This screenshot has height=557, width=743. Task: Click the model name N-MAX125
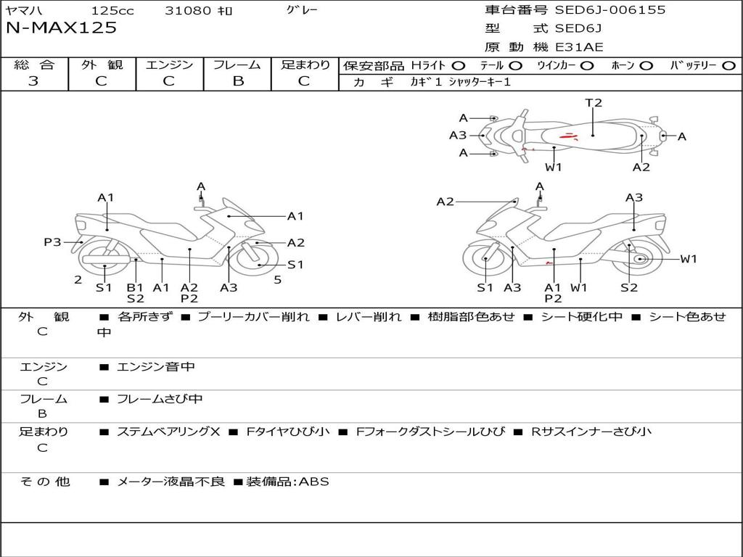point(61,28)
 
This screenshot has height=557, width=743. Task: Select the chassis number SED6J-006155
point(610,9)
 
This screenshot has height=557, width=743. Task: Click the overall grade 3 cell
point(33,81)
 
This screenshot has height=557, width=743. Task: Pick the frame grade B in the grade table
point(238,81)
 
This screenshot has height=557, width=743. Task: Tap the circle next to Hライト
point(459,66)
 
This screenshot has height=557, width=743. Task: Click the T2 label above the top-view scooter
point(594,102)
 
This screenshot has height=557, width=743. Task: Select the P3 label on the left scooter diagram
point(52,242)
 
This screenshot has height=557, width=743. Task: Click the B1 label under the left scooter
point(135,287)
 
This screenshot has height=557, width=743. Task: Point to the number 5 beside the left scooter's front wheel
point(278,280)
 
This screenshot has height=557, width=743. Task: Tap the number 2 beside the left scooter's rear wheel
point(78,280)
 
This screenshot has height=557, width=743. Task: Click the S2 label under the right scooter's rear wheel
point(629,287)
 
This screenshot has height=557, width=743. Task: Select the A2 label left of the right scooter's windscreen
point(445,202)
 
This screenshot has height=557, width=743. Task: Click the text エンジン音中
point(156,366)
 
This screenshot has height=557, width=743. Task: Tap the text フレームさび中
point(160,399)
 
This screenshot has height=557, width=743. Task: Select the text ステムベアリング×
point(168,432)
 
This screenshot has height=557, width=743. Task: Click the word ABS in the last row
point(313,482)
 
